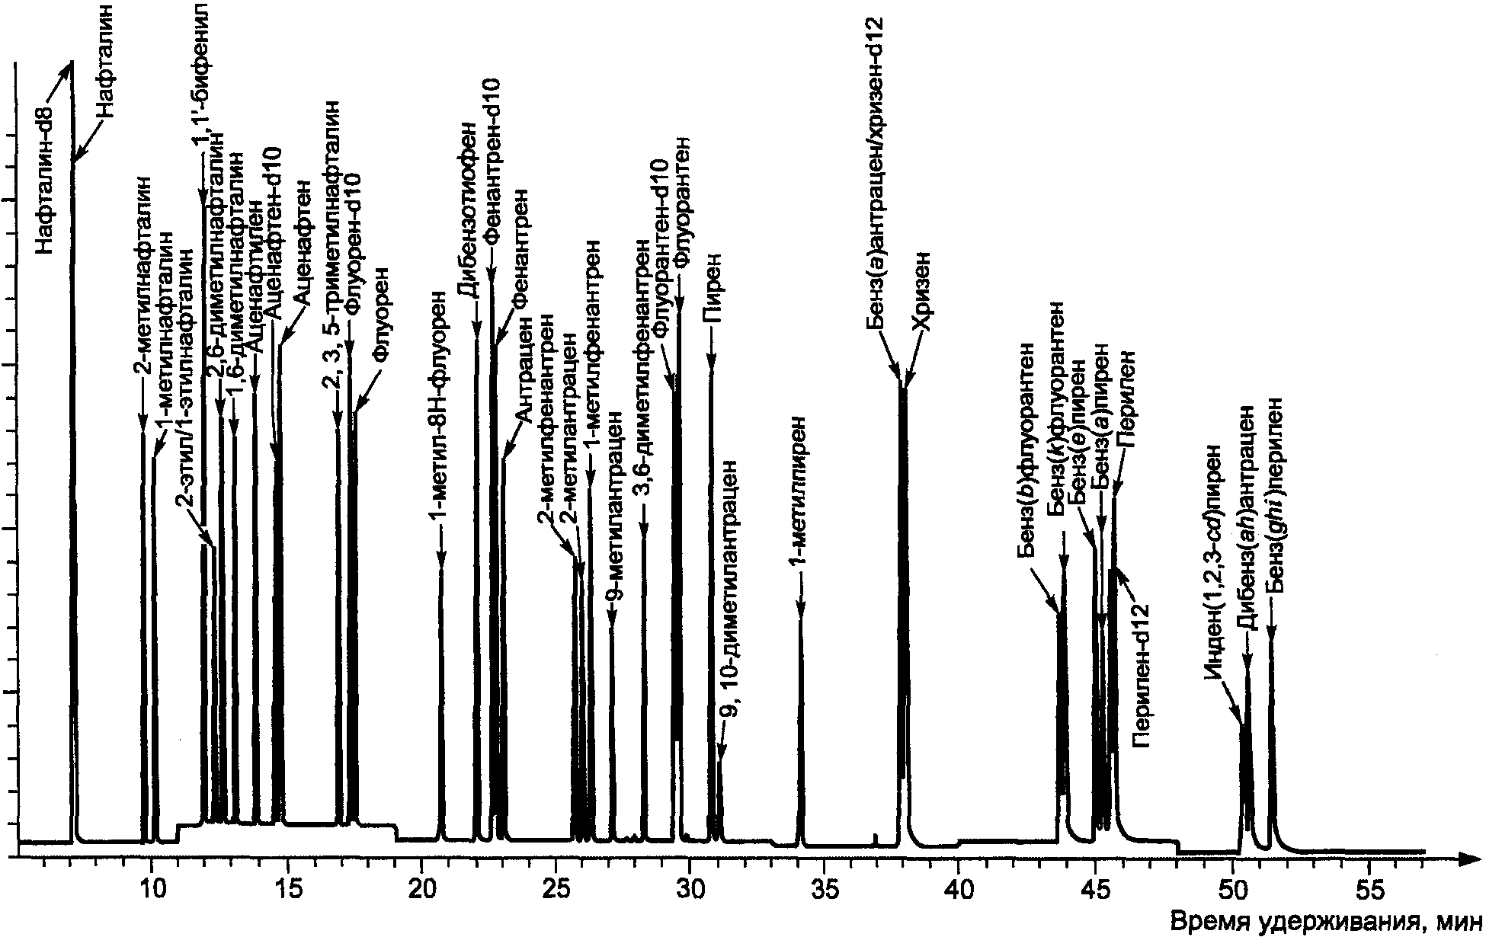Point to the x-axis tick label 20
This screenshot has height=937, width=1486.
point(420,885)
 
